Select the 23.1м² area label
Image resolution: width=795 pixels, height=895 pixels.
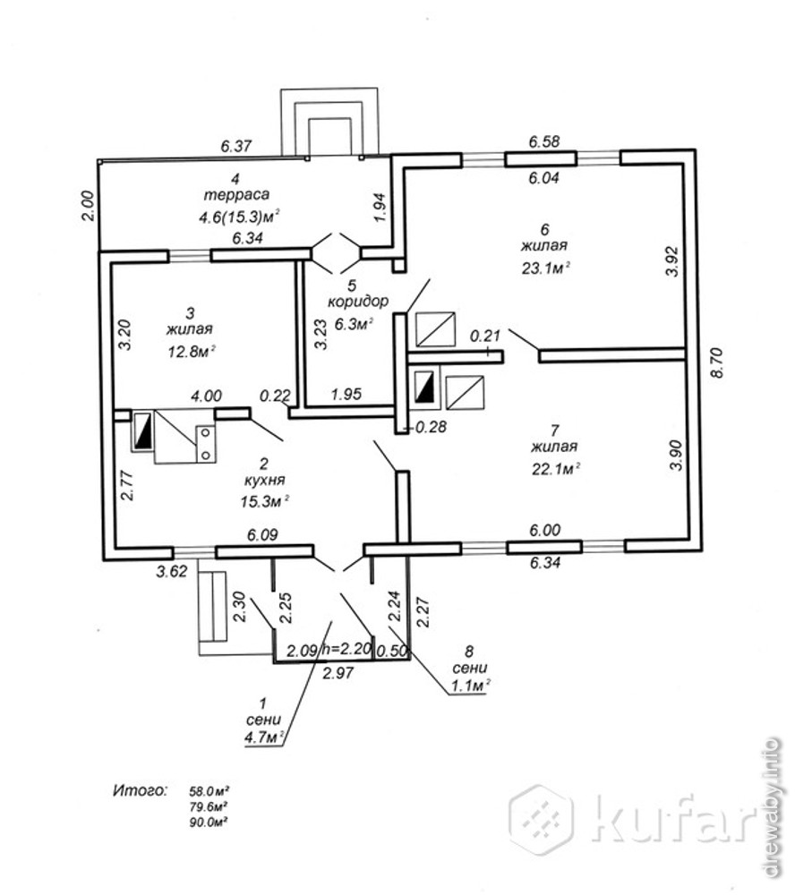point(544,266)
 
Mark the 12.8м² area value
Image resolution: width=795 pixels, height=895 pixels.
point(192,350)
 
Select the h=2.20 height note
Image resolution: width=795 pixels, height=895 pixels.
point(345,652)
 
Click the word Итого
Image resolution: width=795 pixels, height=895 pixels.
point(140,791)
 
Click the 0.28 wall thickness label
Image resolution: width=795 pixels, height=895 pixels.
point(432,427)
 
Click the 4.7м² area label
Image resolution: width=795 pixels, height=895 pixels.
point(264,738)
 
